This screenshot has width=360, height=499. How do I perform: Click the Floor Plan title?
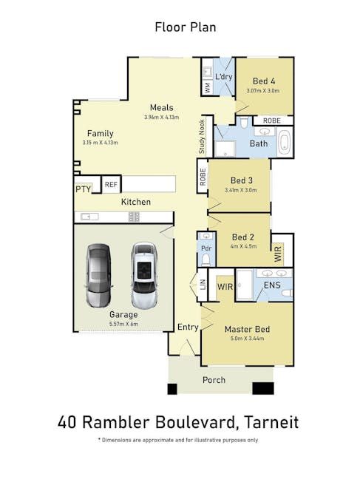click(x=186, y=27)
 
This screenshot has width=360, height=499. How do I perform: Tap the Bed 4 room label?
click(x=264, y=81)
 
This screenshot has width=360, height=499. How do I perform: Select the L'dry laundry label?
click(x=223, y=77)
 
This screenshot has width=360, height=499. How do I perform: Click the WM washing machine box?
click(x=208, y=87)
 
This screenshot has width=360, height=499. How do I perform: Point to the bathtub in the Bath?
click(x=285, y=143)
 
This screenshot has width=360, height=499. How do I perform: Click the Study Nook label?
click(x=202, y=137)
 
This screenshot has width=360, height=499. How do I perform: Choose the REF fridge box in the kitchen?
click(x=111, y=184)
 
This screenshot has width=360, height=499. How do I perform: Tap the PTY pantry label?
click(x=84, y=189)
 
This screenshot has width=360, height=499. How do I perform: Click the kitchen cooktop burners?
click(x=134, y=217)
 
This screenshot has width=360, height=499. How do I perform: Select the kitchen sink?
click(x=89, y=217)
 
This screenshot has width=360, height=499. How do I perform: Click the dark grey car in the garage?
click(x=98, y=275)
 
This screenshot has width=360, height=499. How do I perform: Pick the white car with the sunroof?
click(x=144, y=275)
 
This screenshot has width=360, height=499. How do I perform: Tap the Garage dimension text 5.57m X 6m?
click(x=123, y=324)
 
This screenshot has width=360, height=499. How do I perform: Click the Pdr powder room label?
click(x=206, y=248)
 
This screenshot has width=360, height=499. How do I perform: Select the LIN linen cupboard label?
click(x=203, y=285)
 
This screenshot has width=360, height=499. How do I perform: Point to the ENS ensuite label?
click(x=272, y=285)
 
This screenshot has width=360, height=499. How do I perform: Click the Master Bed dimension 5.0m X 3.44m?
click(x=248, y=339)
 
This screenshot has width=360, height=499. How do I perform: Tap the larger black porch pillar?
click(x=263, y=388)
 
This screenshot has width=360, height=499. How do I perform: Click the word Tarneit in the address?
click(x=271, y=422)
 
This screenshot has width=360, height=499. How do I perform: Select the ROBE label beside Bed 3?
click(x=203, y=177)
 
